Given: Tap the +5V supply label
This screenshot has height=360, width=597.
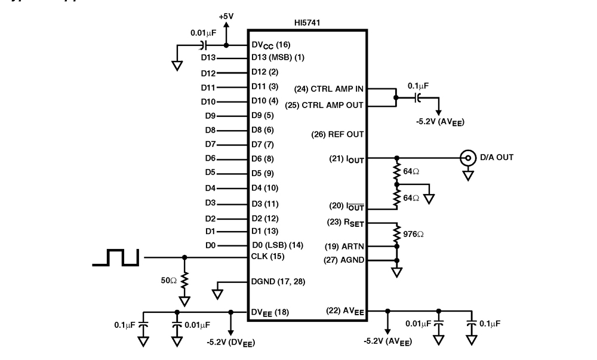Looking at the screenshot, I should (226, 17).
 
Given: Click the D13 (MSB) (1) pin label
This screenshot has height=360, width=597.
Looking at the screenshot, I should (278, 59).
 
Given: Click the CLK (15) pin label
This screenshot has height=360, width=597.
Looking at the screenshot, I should (267, 257).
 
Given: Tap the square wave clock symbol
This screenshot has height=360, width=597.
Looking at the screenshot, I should (116, 257).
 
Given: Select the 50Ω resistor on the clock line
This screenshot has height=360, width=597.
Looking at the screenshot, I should (184, 280).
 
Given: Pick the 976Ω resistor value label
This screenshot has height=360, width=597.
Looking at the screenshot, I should (413, 234).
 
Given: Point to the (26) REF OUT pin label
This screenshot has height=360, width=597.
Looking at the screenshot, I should (338, 134).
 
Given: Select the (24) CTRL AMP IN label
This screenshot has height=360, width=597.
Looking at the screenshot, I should (329, 89).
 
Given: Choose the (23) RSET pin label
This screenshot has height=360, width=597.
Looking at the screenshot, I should (345, 222).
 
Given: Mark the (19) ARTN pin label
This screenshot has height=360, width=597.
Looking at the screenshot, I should (344, 246).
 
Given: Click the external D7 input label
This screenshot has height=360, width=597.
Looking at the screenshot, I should (210, 144).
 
